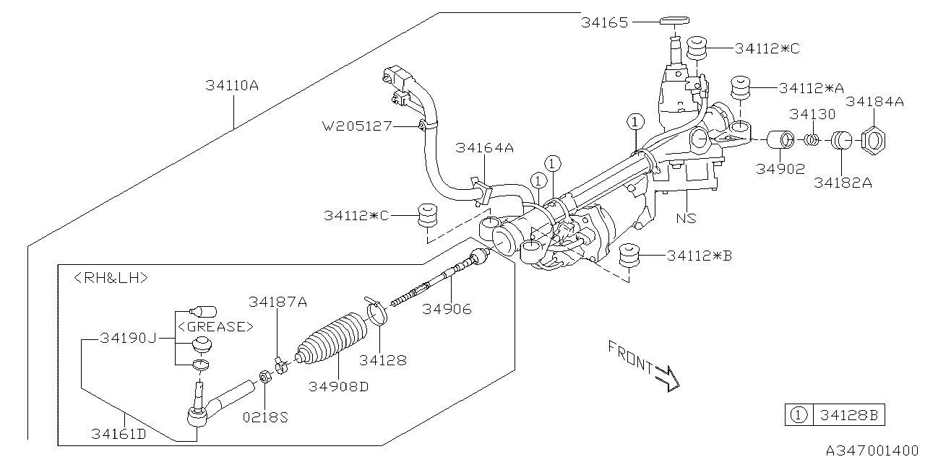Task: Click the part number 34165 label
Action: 605,22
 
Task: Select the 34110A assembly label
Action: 231,85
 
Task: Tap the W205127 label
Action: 357,126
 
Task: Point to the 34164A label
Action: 484,148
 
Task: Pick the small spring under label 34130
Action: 813,137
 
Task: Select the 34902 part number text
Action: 780,168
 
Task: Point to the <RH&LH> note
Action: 111,277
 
